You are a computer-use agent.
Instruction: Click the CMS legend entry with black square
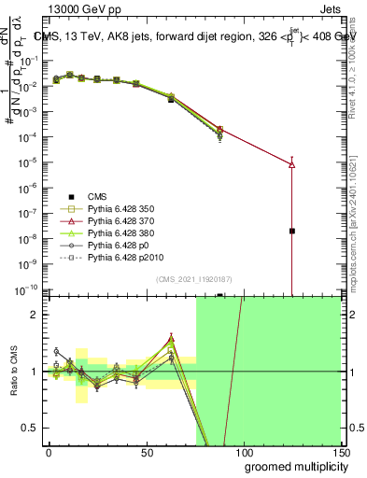pos(97,196)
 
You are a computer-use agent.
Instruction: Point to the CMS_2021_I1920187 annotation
pos(193,278)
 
